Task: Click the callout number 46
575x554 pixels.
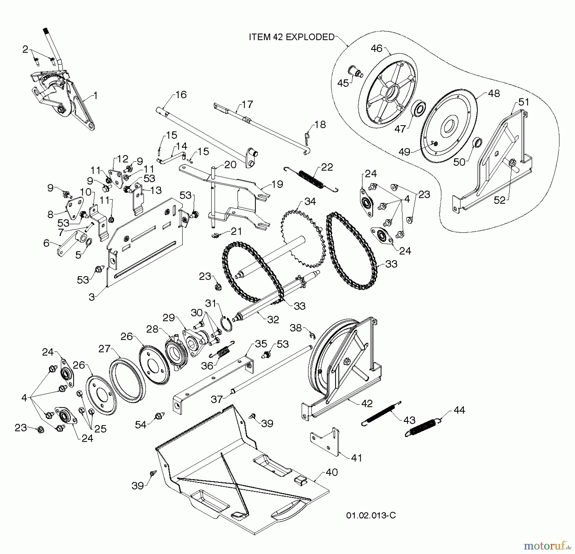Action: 376,48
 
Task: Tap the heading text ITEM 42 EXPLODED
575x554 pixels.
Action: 291,37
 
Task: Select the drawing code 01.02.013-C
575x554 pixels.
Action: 371,516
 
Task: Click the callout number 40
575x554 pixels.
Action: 332,472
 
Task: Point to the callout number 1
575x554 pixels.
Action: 95,96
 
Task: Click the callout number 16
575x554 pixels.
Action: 181,95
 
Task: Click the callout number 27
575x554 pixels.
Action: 104,348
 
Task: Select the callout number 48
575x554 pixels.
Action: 494,93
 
